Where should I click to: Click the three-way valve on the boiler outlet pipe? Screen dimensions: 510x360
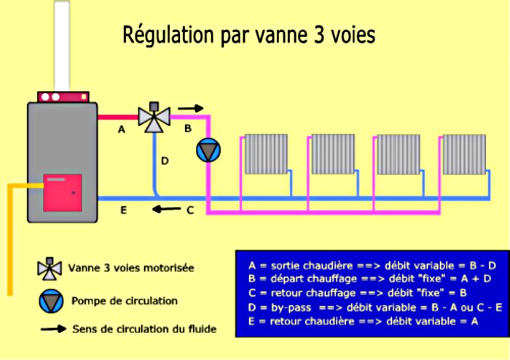coord(154,117)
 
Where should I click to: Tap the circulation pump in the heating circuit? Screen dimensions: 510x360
coord(208,150)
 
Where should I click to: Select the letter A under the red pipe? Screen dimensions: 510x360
coord(122,130)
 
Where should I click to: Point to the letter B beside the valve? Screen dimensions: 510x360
coord(188,128)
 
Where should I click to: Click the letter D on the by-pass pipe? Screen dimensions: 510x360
coord(165,160)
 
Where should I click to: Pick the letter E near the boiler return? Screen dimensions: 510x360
coord(124,210)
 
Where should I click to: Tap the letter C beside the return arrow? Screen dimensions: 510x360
coord(190,211)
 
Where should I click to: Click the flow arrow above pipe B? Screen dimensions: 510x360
coord(191,109)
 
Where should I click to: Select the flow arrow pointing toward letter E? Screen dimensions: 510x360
coord(166,208)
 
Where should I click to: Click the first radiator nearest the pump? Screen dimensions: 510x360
coord(266,154)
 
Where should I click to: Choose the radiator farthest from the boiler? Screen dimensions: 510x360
coord(464,154)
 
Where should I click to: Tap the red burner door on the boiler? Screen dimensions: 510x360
coord(63,192)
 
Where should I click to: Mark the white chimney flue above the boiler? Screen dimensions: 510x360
coord(62,46)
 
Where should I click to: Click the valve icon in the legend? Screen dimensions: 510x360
coord(50,269)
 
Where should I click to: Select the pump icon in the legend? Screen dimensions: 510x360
coord(51,301)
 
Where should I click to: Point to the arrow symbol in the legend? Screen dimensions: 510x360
coord(53,329)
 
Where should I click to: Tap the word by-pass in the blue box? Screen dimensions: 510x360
coord(291,308)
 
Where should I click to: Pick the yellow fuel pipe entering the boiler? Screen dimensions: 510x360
coord(10,240)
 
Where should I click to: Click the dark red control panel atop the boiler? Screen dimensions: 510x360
coord(63,97)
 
